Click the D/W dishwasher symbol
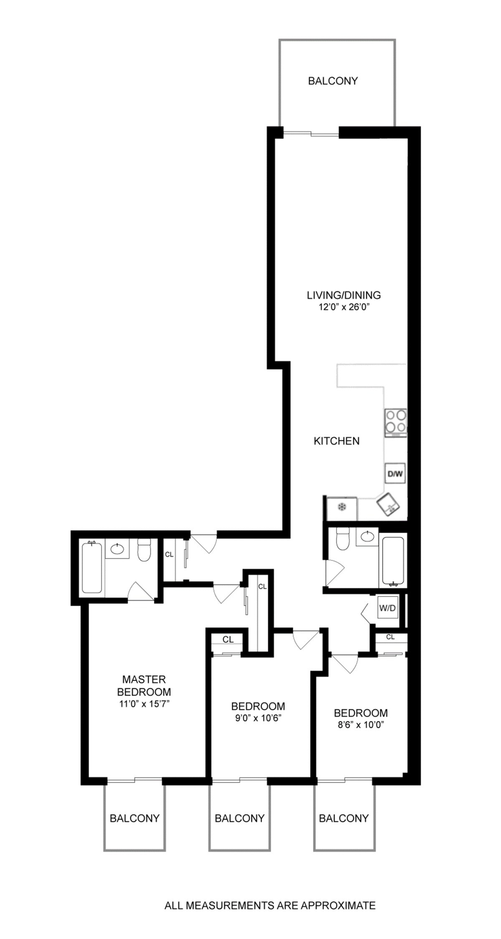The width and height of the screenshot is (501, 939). tap(395, 474)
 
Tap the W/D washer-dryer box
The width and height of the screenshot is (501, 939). tap(387, 608)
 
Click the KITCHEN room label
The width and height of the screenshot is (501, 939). tap(337, 441)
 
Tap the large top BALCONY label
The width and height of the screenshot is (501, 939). tap(333, 81)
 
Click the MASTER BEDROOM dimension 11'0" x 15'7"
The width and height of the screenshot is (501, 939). tap(144, 703)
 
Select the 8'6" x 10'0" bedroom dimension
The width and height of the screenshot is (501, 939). tap(360, 724)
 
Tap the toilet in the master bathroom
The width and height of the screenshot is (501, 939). tap(144, 551)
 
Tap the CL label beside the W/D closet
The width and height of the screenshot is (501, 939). tap(390, 637)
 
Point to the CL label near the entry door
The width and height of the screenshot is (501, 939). tap(169, 555)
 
